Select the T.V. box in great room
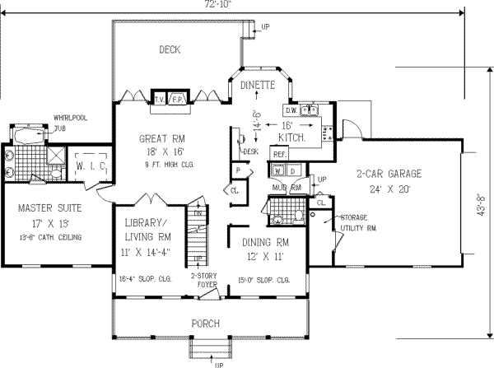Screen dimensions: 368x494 (x=160, y=98)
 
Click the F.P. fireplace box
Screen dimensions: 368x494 (x=177, y=98)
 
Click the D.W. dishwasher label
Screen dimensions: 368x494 (x=291, y=109)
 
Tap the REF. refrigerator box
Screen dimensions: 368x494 (x=278, y=154)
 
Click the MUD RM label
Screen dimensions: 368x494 (x=284, y=188)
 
